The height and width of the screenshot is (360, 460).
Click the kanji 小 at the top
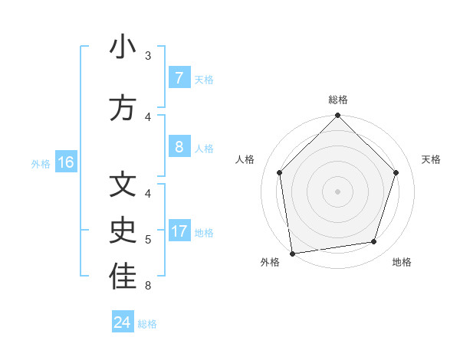click(123, 47)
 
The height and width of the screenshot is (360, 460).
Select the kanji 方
click(123, 109)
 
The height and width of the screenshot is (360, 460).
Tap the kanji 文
click(123, 185)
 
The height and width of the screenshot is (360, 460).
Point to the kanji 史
click(123, 231)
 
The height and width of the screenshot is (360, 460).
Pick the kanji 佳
click(123, 277)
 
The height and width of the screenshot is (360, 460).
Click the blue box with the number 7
click(179, 77)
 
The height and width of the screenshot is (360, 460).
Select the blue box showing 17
click(179, 231)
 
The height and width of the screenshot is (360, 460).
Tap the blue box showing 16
click(65, 162)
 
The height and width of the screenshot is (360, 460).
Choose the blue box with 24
click(123, 322)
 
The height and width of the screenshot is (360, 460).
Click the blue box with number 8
click(179, 146)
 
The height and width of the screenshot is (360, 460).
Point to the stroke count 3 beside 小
click(148, 56)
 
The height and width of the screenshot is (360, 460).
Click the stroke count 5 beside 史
click(148, 240)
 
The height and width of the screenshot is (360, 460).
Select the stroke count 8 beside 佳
click(148, 286)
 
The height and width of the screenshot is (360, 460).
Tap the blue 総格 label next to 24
click(147, 324)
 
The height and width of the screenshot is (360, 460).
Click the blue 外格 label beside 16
click(40, 163)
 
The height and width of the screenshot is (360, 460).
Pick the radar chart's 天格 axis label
click(431, 159)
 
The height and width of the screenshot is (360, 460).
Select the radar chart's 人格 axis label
click(245, 159)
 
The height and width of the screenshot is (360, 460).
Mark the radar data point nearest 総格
click(337, 116)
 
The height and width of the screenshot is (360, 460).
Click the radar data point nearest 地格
click(374, 242)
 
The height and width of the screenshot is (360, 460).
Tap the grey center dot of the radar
click(337, 191)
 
